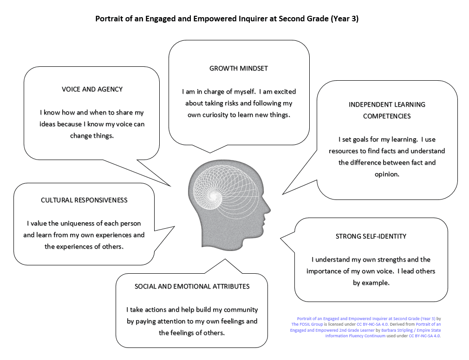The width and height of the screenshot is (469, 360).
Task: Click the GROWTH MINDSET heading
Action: pos(238,68)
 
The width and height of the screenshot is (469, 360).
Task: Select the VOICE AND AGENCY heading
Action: pos(92,90)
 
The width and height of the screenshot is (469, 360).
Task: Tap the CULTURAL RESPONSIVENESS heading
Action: pos(84,200)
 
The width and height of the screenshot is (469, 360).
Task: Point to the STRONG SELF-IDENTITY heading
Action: pos(371,236)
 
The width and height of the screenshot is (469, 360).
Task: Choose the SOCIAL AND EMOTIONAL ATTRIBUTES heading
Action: pos(192,287)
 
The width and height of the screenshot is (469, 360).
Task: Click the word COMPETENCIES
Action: pos(387,116)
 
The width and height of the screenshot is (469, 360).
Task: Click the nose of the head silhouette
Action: pos(268,210)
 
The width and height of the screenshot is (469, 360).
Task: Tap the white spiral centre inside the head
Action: pos(214,196)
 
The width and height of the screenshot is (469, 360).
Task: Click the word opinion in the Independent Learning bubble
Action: pos(387,174)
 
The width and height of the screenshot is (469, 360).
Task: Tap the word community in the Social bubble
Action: pos(241,310)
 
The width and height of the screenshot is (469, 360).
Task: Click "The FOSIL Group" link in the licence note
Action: pos(307,324)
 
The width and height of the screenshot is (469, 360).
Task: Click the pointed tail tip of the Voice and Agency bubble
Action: pos(171,186)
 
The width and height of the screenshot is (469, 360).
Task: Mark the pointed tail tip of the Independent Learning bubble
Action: pos(283,194)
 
